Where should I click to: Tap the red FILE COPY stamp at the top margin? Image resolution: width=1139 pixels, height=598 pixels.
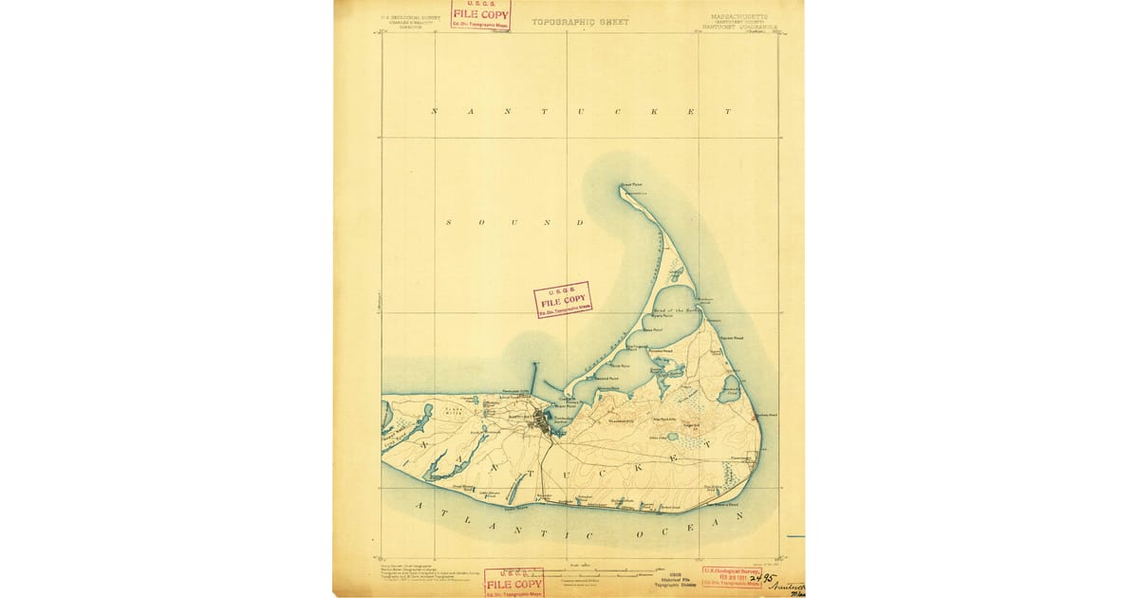click(x=480, y=14)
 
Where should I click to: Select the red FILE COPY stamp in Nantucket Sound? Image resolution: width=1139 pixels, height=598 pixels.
click(x=563, y=299)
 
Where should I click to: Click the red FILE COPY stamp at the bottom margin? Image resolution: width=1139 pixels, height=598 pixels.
click(x=513, y=582)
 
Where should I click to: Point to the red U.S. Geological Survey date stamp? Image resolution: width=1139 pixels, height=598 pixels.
click(x=732, y=576)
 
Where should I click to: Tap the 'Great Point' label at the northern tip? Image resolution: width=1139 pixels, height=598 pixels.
click(x=632, y=184)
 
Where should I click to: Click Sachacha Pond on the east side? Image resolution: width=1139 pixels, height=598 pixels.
click(x=730, y=387)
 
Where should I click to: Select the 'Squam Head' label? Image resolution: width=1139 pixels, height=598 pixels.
click(x=731, y=337)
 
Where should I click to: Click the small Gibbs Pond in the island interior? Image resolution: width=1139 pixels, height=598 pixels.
click(x=672, y=437)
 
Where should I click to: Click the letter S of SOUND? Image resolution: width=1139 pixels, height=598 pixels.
click(x=451, y=222)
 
